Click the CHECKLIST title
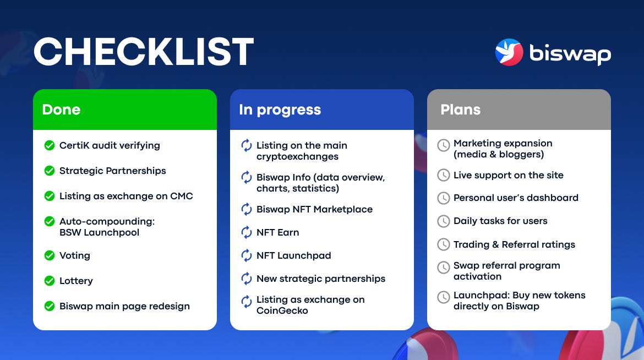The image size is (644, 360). coord(144,51)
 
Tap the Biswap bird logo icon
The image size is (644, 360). coord(509,52)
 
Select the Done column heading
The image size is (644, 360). coord(61,110)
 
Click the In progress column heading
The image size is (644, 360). coord(280,110)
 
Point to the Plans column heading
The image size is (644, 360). coord(460,110)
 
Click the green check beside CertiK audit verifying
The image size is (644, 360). coord(50,145)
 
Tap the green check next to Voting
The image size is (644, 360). coord(50,255)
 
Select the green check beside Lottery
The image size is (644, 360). coord(50,281)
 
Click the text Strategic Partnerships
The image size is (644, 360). coord(112,171)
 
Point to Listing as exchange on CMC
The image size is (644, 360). coord(126,196)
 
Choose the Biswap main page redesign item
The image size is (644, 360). coord(124,307)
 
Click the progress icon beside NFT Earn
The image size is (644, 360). coord(247,232)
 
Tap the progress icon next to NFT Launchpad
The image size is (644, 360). coord(247,255)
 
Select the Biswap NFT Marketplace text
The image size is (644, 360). coord(315,210)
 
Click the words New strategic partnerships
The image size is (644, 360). coord(321,279)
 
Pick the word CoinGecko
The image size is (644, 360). coord(282,310)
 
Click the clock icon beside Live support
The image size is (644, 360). coord(444,175)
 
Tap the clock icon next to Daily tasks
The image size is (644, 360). coord(444,221)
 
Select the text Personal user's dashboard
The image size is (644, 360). coord(516,198)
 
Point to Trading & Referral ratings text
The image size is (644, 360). coord(514,244)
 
